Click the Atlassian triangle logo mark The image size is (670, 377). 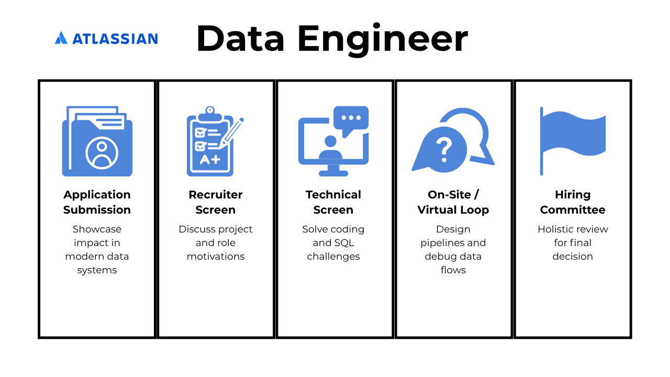pyautogui.click(x=61, y=38)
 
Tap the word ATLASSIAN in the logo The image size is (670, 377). pyautogui.click(x=115, y=39)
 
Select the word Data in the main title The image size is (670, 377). pyautogui.click(x=240, y=39)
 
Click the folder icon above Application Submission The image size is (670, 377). pyautogui.click(x=97, y=141)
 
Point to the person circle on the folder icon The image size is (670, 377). pyautogui.click(x=102, y=153)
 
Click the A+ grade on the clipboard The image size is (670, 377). pyautogui.click(x=210, y=160)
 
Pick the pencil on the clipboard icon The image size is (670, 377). pyautogui.click(x=231, y=133)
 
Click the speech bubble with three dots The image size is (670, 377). pyautogui.click(x=351, y=120)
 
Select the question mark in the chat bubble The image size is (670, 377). pyautogui.click(x=444, y=150)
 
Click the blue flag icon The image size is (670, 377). pyautogui.click(x=573, y=141)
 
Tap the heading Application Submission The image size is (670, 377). pyautogui.click(x=97, y=202)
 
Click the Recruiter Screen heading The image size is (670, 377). pyautogui.click(x=216, y=202)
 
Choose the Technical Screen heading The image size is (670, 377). pyautogui.click(x=333, y=202)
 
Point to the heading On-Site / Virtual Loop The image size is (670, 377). pyautogui.click(x=453, y=202)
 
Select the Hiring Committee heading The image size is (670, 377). pyautogui.click(x=573, y=202)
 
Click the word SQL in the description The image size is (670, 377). pyautogui.click(x=344, y=242)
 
